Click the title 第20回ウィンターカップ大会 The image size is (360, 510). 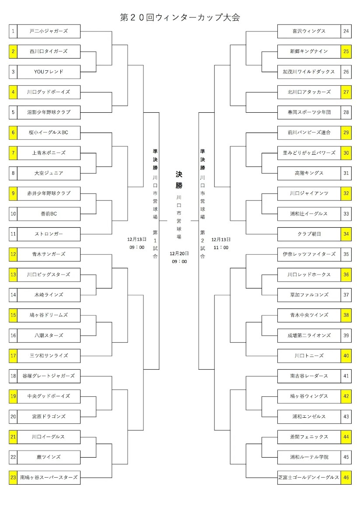click(180, 17)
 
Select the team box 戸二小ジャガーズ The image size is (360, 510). click(49, 31)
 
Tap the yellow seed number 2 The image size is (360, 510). click(13, 51)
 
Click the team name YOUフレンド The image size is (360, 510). click(49, 72)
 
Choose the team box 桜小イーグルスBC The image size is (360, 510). click(49, 132)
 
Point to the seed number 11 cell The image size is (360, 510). click(13, 234)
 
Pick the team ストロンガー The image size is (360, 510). click(49, 234)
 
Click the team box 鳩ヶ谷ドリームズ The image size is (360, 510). click(49, 315)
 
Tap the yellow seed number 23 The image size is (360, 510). click(13, 477)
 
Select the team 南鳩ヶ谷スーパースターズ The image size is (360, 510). click(49, 477)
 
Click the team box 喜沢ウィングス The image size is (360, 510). click(309, 31)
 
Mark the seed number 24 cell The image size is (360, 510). click(346, 31)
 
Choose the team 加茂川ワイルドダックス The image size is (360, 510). click(309, 72)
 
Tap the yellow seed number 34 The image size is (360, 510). click(346, 234)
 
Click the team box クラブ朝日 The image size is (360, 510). click(309, 234)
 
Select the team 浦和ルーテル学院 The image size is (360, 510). click(309, 457)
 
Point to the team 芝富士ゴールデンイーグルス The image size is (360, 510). click(309, 477)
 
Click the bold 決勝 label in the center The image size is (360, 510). click(179, 180)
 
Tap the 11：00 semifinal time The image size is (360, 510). click(221, 247)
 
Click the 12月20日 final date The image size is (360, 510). click(179, 253)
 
